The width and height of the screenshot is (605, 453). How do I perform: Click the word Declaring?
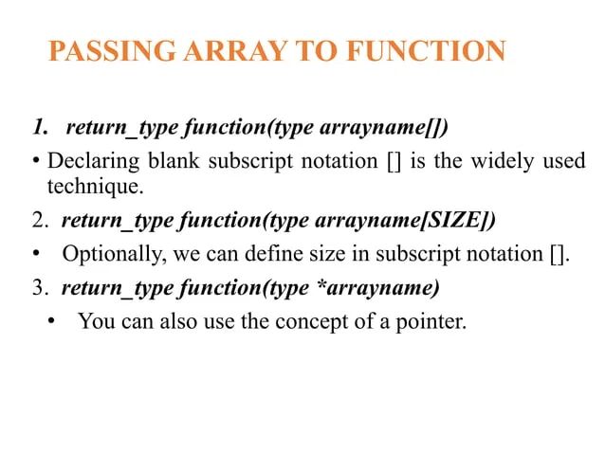[91, 161]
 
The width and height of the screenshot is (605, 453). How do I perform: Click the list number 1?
[39, 127]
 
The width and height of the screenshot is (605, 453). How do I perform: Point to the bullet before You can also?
[51, 322]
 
